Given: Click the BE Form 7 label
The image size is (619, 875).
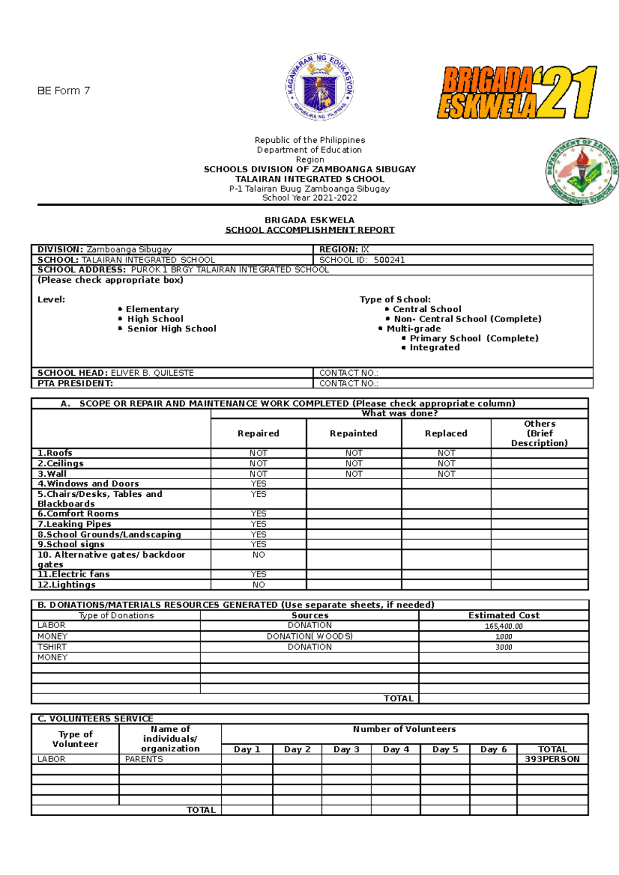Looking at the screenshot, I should [63, 91].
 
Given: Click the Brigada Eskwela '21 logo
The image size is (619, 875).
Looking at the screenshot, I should [517, 93].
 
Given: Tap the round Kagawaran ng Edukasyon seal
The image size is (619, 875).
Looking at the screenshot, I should [320, 87].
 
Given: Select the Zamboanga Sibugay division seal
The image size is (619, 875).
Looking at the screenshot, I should [582, 172].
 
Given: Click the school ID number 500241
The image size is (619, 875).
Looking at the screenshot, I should [389, 260].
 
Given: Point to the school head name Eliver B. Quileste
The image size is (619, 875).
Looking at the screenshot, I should [152, 373].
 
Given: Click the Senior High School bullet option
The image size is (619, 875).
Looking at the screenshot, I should [171, 329].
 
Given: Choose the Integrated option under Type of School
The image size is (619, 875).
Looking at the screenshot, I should [434, 348].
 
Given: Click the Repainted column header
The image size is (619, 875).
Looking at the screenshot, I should [353, 433].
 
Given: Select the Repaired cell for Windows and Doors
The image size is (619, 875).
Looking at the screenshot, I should [258, 484].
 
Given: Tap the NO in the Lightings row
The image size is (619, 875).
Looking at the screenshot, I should [258, 585].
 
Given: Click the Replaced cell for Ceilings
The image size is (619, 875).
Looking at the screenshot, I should [446, 464].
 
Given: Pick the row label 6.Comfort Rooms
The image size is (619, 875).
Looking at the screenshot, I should [78, 514].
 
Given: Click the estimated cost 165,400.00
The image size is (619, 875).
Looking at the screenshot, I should [503, 626].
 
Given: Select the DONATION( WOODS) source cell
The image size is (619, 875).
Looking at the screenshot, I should [309, 636].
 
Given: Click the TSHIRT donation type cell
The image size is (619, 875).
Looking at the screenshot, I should [52, 647].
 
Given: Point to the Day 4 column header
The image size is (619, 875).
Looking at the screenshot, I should [396, 749].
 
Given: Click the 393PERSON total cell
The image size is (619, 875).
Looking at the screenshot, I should [552, 759].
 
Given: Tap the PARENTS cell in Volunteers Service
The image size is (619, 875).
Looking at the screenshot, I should [144, 759].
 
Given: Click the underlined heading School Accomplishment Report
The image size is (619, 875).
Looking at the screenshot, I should [309, 230].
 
